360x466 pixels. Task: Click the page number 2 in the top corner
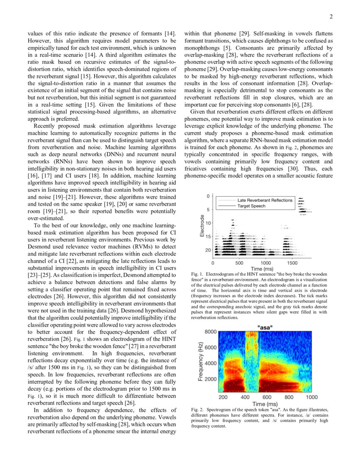click(x=331, y=17)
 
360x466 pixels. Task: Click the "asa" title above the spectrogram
click(x=265, y=327)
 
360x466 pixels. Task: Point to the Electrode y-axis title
click(x=202, y=226)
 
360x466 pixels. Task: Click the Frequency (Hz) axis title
click(x=200, y=361)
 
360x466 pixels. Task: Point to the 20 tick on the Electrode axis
click(x=208, y=250)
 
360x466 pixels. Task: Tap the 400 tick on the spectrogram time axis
click(x=245, y=397)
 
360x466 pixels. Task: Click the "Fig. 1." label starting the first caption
click(x=198, y=275)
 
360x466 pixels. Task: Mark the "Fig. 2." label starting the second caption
click(x=198, y=410)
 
